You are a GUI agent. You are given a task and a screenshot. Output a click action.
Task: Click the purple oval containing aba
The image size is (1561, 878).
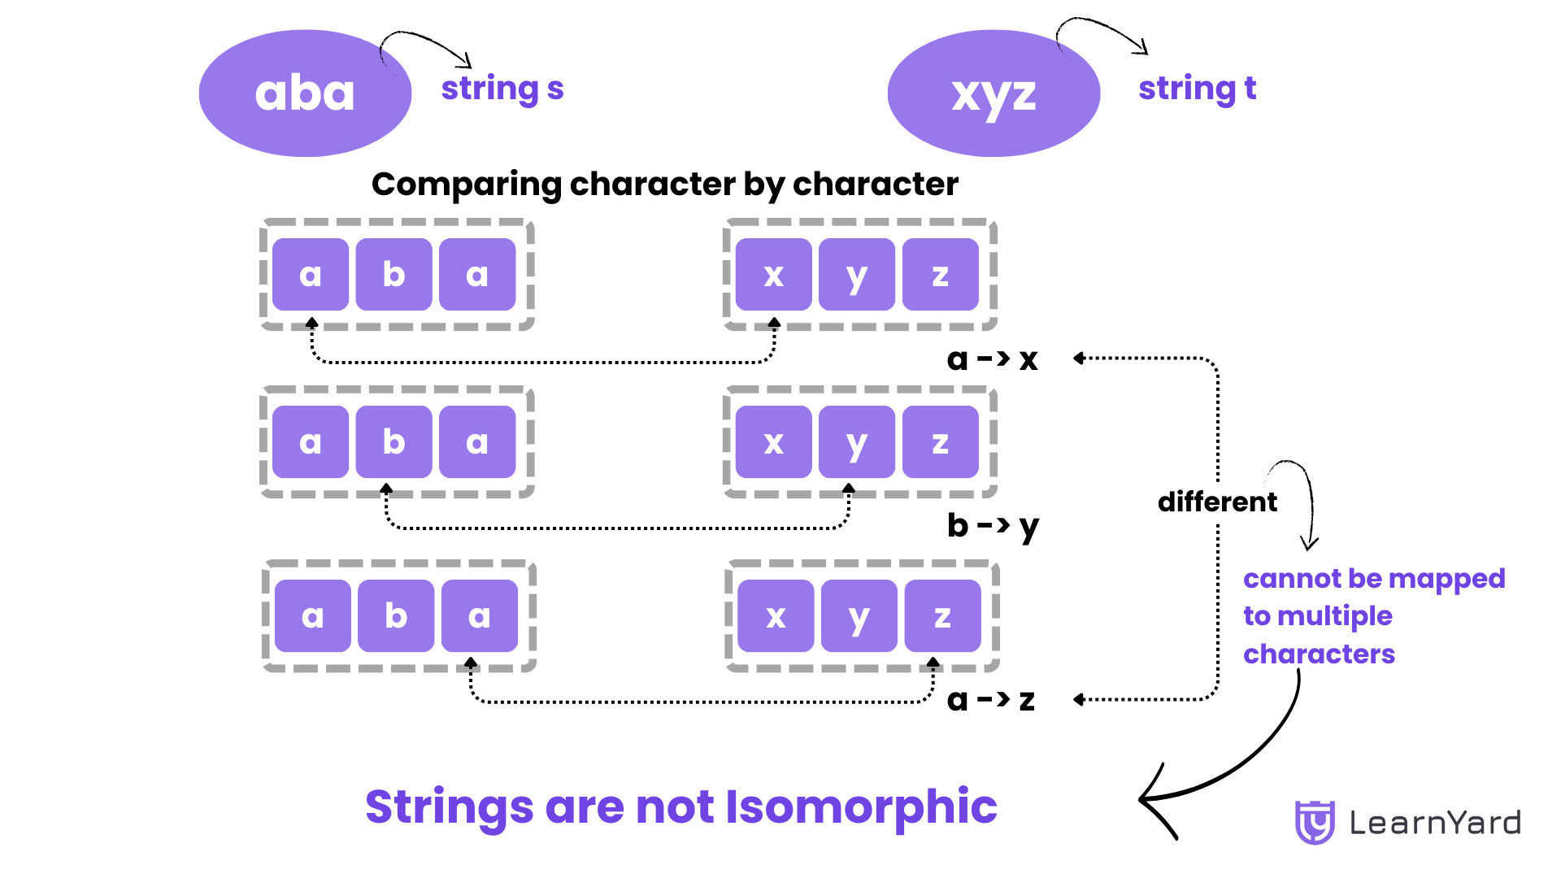[x=305, y=93]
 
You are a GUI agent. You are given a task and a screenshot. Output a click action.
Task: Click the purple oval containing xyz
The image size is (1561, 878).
[x=994, y=93]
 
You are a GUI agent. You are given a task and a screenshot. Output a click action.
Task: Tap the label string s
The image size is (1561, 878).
[x=502, y=89]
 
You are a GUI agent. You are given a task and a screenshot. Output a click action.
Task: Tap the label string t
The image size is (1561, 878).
[x=1197, y=89]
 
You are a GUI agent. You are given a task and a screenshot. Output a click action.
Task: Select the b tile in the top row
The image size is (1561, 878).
[x=394, y=275]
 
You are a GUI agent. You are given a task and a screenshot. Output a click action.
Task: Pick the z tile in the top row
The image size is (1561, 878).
[x=940, y=275]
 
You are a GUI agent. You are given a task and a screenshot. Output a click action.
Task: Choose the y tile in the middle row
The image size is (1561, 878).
[x=856, y=442]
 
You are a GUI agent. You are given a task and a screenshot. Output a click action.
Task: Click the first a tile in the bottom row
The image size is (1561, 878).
[x=312, y=616]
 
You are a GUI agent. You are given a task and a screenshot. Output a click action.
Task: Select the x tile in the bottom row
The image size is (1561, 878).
[x=776, y=616]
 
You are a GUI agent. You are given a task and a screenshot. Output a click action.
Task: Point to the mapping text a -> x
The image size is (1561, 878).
[x=992, y=359]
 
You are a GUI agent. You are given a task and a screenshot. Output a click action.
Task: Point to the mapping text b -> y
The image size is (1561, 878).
[x=992, y=526]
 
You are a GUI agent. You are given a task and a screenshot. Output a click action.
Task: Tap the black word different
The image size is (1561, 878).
[x=1217, y=502]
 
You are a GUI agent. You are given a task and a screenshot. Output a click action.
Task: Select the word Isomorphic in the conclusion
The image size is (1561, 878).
[x=860, y=806]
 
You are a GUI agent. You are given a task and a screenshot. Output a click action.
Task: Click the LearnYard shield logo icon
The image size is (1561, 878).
[x=1314, y=822]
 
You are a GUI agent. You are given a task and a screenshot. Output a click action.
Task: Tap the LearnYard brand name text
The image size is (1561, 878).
[x=1435, y=823]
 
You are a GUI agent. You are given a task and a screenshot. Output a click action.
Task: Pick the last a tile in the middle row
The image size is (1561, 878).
[x=477, y=442]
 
